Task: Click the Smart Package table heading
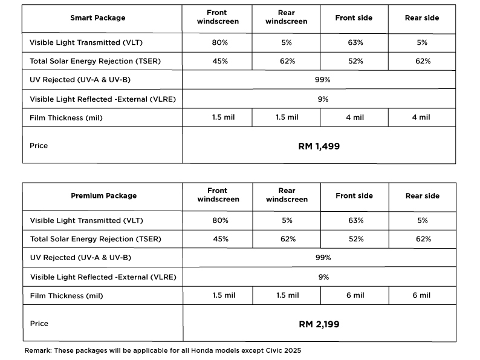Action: [98, 18]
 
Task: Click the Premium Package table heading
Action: [104, 196]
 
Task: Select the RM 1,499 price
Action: [319, 146]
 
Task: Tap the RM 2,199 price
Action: [319, 324]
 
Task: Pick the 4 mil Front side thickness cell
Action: [355, 117]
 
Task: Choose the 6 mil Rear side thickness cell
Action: [421, 295]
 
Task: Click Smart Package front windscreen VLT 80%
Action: [220, 42]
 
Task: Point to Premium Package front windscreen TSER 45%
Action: [220, 239]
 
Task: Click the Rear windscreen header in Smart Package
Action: [287, 18]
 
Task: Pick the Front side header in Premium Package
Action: [354, 196]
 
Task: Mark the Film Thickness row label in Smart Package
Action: [66, 117]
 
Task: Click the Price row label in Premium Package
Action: [39, 324]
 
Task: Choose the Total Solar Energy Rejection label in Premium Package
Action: [96, 239]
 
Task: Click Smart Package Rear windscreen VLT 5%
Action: [287, 42]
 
